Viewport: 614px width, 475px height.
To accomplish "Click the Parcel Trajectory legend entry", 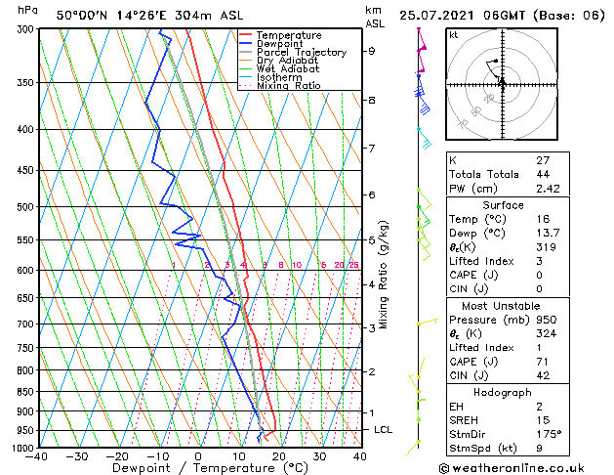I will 301,52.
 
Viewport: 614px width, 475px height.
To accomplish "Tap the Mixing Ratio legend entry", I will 288,86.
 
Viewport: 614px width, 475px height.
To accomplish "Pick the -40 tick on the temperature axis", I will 36,456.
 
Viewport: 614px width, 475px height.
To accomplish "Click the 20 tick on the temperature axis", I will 279,456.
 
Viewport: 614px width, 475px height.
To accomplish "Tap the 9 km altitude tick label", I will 372,51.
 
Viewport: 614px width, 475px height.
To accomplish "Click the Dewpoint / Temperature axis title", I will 196,468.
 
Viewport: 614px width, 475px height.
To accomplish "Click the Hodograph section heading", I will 502,391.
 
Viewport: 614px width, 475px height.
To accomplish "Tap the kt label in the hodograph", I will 454,35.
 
